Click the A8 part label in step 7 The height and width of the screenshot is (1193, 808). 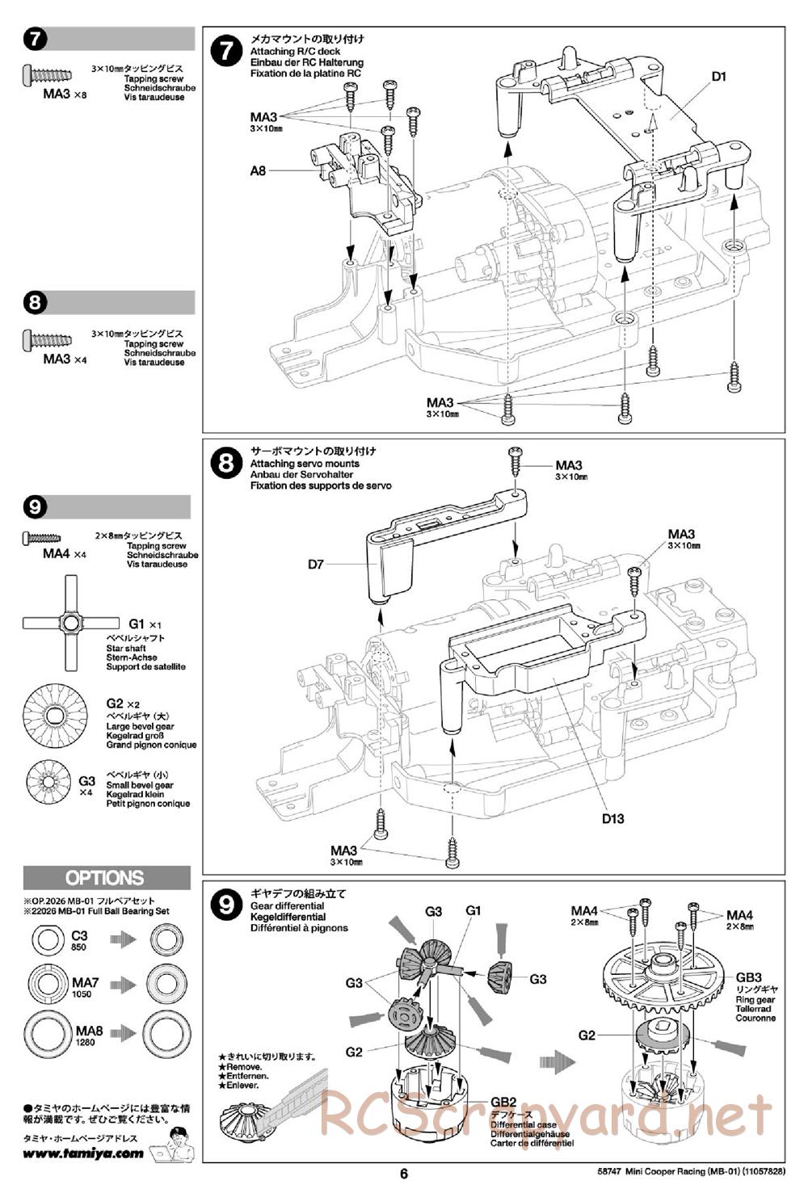coord(258,171)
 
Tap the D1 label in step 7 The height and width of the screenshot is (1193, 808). coord(718,77)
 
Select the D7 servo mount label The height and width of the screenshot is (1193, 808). coord(316,564)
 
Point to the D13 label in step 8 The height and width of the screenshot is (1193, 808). coord(612,818)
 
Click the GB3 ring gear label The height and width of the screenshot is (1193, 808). coord(748,977)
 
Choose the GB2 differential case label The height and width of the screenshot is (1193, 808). coord(503,1102)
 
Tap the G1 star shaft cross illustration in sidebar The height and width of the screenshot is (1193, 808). coord(71,623)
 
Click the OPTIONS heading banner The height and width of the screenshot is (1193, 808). coord(107,878)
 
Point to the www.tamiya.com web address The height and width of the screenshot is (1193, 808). coord(83,1153)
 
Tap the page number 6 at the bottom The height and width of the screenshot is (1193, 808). coord(404,1174)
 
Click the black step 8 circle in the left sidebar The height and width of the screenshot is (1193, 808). coord(36,303)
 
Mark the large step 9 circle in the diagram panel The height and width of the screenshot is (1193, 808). coord(226,905)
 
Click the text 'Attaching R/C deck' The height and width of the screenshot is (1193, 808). coord(295,52)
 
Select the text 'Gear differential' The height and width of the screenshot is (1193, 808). coord(287,906)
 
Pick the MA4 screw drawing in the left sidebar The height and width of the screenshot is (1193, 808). coord(41,538)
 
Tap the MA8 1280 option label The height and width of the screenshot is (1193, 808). coord(88,1035)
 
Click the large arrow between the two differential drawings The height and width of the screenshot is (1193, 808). coord(558,1061)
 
